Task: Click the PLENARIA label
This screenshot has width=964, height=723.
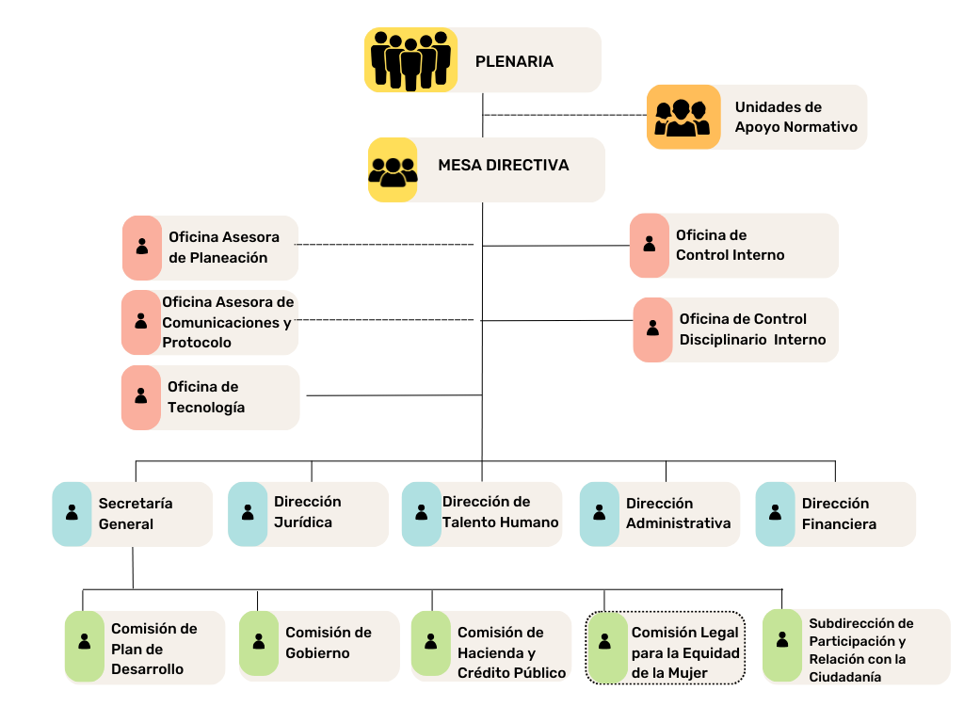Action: point(514,62)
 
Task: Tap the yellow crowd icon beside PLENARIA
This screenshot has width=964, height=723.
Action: point(410,60)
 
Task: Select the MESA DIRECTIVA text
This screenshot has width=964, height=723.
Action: point(503,166)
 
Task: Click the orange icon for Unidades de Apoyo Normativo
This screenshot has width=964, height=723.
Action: point(683,118)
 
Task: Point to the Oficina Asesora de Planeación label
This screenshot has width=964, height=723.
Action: point(218,248)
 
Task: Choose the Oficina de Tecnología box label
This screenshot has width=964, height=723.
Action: point(206,397)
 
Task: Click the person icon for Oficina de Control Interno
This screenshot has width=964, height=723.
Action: point(649,245)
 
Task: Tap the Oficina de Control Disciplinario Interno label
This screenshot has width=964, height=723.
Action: point(752,329)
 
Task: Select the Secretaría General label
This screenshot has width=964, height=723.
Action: point(136,514)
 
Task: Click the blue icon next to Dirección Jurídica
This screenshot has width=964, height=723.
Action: point(248,513)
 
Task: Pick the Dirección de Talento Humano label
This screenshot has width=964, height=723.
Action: point(500,512)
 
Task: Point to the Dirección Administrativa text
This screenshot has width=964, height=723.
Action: point(678,514)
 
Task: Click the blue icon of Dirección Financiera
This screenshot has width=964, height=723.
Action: point(775,513)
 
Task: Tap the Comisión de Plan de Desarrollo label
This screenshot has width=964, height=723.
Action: point(153,649)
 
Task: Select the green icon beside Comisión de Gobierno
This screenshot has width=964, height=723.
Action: point(258,642)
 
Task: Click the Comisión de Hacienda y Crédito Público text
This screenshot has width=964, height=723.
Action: point(511,652)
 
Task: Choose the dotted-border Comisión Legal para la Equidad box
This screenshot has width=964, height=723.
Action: point(666,648)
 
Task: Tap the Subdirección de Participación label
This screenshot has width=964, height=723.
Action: point(860,650)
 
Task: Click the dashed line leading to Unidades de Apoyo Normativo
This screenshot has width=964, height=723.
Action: point(565,115)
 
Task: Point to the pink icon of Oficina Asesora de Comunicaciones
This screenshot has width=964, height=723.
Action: point(140,322)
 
